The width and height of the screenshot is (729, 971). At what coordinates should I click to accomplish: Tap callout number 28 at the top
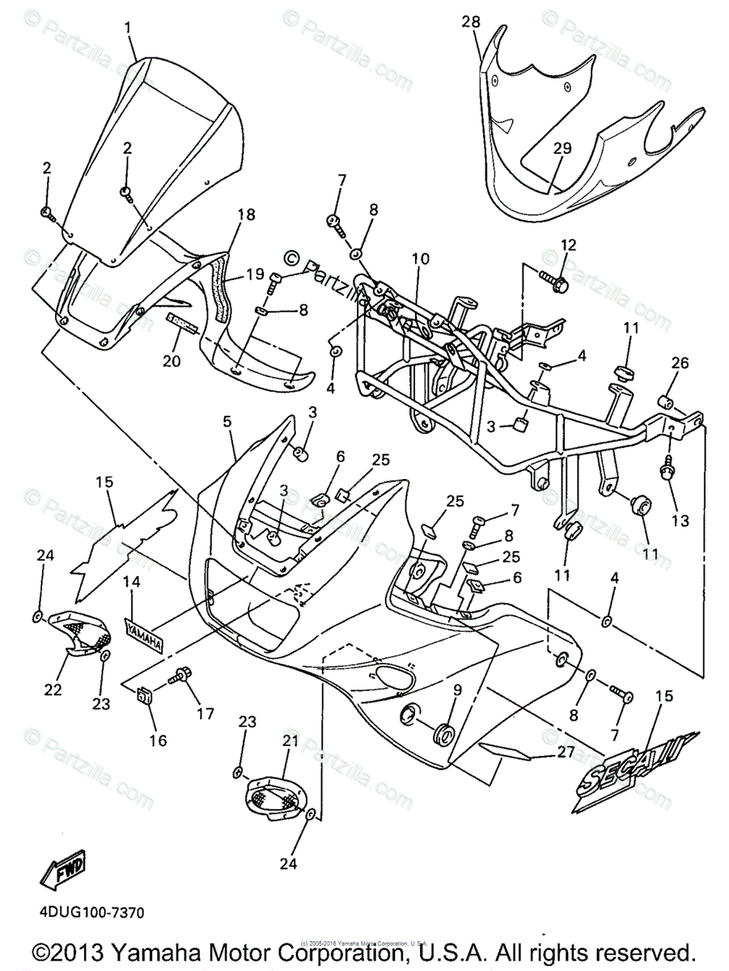(471, 22)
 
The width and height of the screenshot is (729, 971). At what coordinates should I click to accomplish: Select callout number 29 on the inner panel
(562, 147)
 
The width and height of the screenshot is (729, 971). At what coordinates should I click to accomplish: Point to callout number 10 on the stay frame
(419, 259)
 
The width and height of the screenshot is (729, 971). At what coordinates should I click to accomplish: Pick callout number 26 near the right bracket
(679, 364)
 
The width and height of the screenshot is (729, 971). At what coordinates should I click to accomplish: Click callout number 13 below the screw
(680, 521)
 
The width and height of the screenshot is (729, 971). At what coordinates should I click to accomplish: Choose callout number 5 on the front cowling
(227, 422)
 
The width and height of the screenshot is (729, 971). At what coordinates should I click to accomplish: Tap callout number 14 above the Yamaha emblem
(132, 581)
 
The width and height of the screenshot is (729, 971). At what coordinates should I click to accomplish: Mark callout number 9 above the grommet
(456, 689)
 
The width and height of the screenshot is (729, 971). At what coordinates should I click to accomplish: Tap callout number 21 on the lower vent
(290, 741)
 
